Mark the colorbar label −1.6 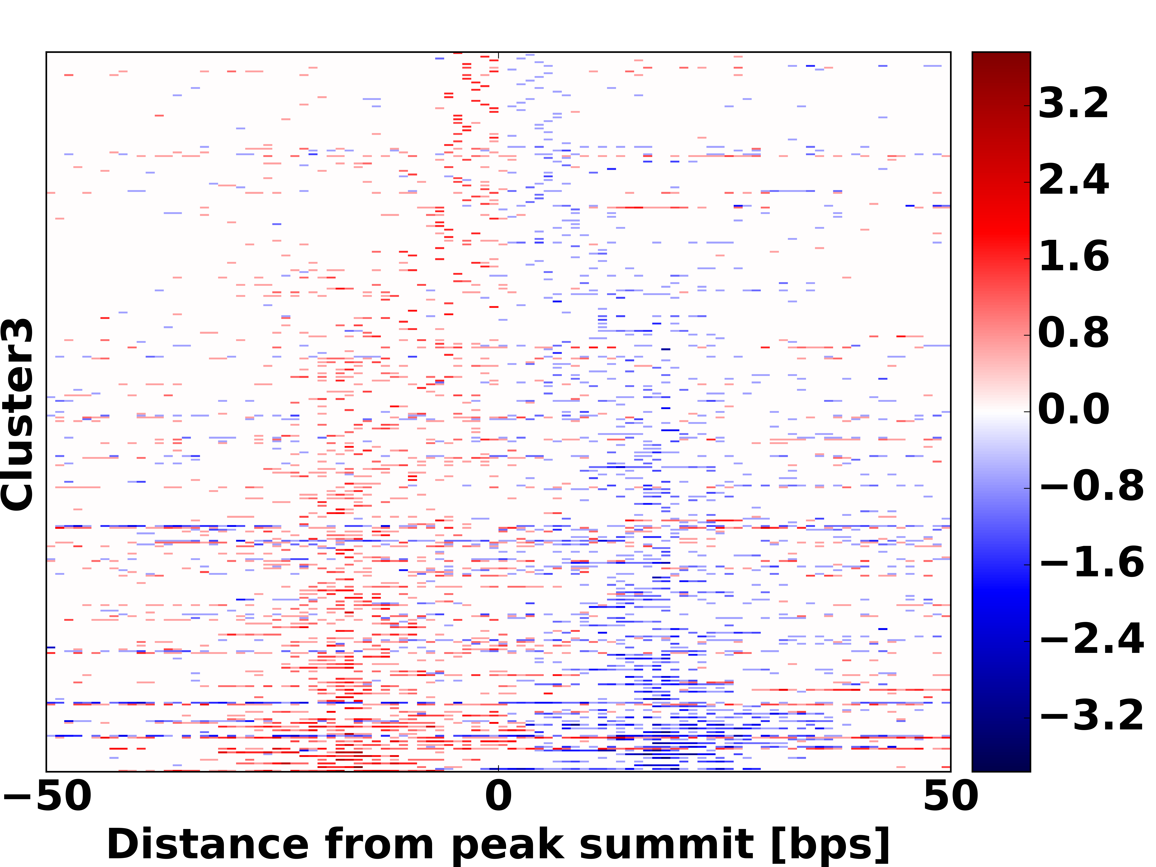point(1091,563)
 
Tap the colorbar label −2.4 point(1091,639)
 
